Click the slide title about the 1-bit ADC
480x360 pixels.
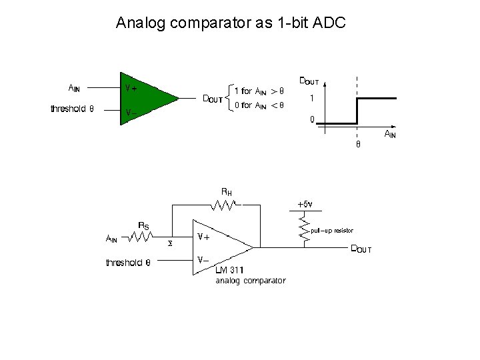(231, 23)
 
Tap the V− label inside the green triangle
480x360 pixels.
(132, 112)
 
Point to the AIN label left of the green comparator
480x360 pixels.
(75, 87)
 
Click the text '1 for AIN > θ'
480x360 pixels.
(259, 91)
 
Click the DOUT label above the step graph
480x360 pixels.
(308, 81)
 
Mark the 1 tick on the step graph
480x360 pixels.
(311, 98)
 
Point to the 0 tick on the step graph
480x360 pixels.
(311, 120)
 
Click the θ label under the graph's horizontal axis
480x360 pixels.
(357, 144)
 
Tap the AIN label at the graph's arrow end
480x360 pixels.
(389, 135)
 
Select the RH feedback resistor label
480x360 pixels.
(227, 192)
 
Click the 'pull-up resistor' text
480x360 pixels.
(332, 231)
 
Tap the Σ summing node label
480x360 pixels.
(169, 244)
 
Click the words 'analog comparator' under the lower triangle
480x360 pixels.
(250, 281)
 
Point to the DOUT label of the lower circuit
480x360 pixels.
(361, 249)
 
